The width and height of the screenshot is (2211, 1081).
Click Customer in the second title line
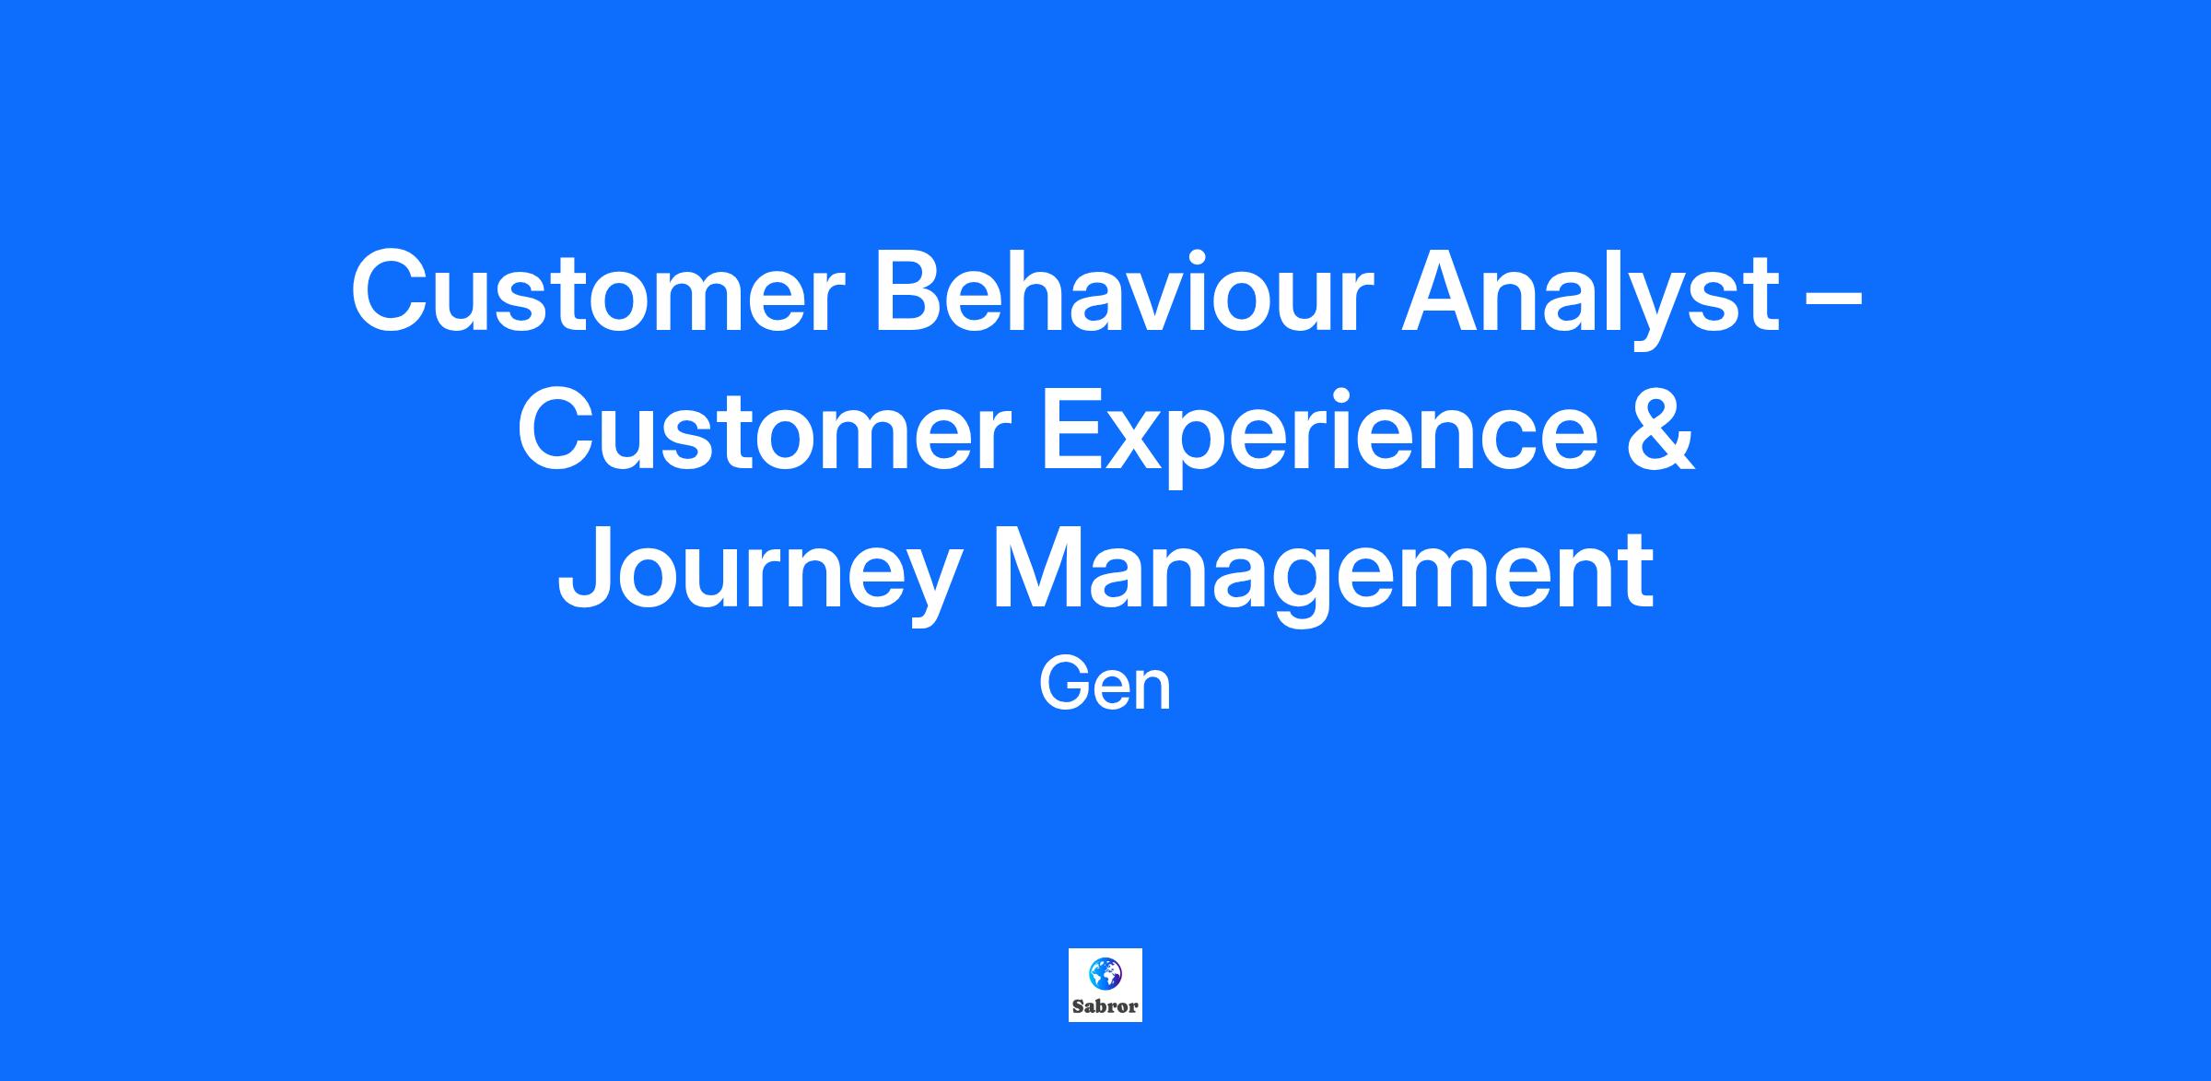click(764, 430)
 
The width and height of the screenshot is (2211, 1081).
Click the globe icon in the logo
click(1104, 973)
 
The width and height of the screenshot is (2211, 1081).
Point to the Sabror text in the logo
click(1105, 1006)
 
